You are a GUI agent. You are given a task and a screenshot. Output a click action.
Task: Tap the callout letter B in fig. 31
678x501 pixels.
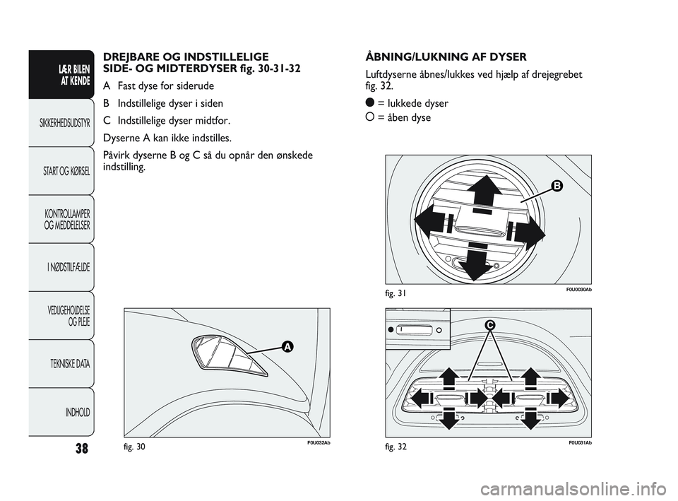(557, 186)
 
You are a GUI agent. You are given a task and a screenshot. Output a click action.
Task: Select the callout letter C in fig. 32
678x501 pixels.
(489, 325)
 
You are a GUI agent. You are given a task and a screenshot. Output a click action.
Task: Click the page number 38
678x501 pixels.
(82, 448)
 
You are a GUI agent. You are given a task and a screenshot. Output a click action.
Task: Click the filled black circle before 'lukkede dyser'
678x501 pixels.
(369, 102)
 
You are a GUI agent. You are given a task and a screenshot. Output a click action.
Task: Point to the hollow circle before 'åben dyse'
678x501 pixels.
(369, 117)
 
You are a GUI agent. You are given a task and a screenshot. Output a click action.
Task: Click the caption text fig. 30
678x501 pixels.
(134, 447)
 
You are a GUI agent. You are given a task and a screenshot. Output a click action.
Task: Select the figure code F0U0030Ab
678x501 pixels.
(578, 290)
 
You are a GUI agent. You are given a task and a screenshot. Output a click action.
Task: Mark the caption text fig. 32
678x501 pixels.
(396, 447)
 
